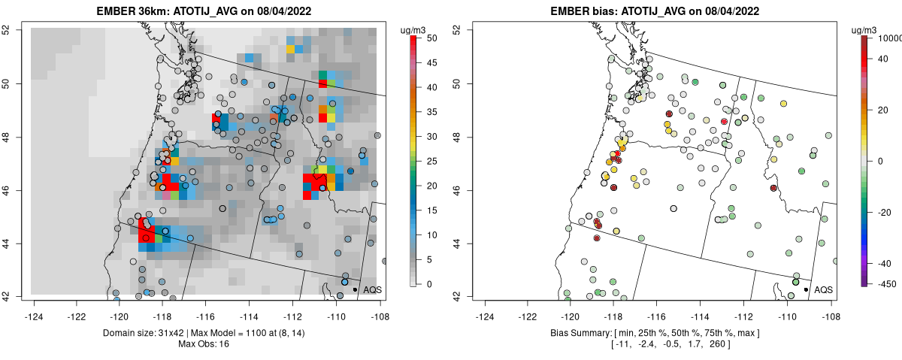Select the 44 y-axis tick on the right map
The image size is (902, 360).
pyautogui.click(x=456, y=244)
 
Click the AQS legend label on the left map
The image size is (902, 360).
pyautogui.click(x=373, y=289)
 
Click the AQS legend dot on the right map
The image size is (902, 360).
pyautogui.click(x=806, y=289)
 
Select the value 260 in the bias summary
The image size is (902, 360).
pyautogui.click(x=715, y=344)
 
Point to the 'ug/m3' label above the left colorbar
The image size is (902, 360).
pyautogui.click(x=415, y=29)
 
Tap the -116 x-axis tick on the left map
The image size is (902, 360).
pyautogui.click(x=207, y=310)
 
